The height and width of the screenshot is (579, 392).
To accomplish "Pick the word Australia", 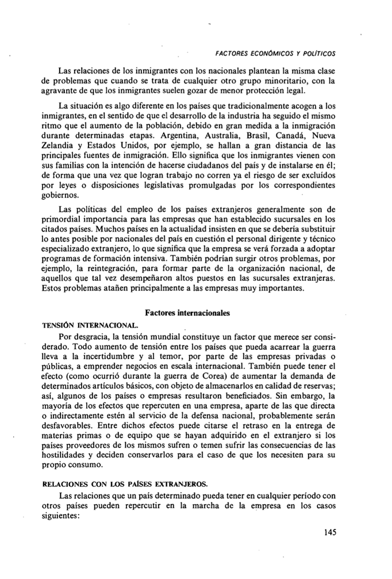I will point(240,136).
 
